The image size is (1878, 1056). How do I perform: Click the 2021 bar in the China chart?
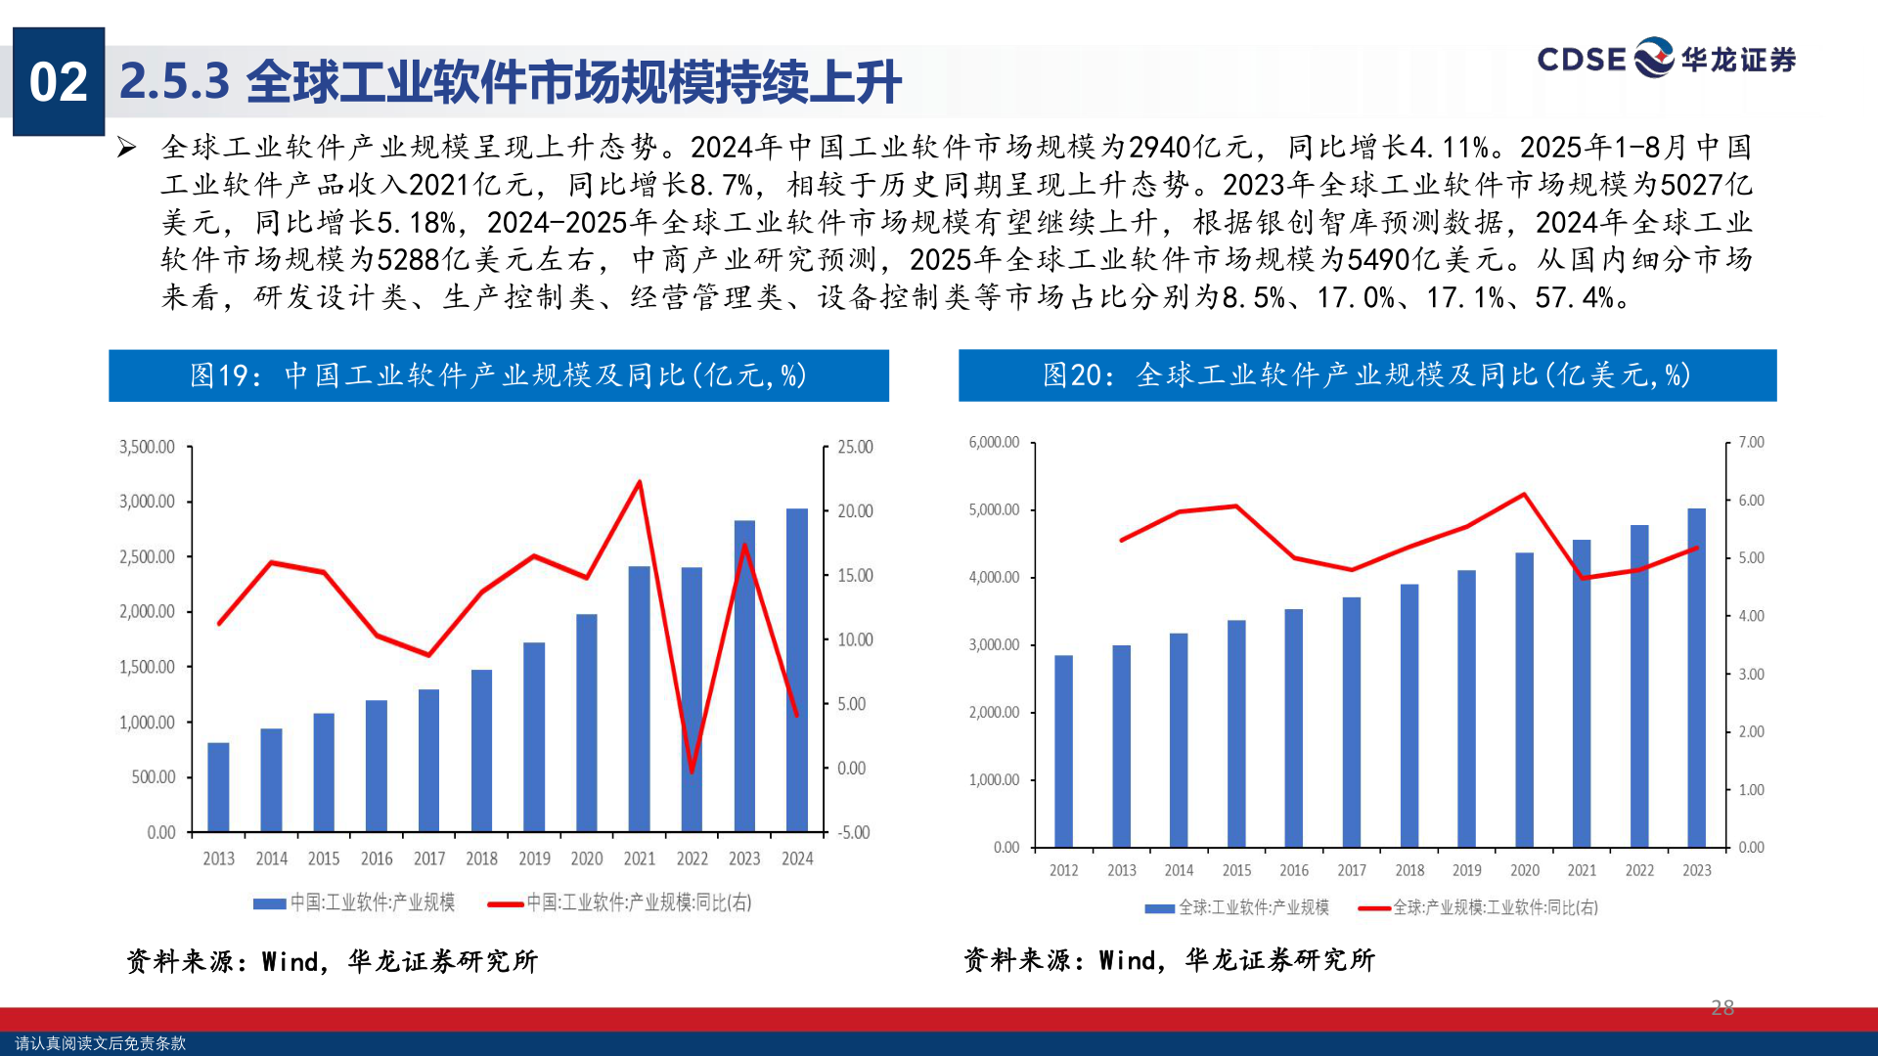point(639,699)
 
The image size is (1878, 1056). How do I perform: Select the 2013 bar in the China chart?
point(218,787)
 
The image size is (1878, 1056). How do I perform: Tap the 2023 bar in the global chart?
point(1696,677)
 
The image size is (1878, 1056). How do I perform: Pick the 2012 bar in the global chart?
point(1063,751)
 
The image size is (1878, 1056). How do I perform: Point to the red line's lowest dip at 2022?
point(692,771)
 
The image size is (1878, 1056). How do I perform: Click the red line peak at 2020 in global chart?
point(1524,495)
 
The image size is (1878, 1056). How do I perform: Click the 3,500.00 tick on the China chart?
point(147,447)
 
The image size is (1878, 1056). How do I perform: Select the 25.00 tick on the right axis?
point(855,447)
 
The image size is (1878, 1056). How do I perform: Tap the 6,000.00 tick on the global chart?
point(994,442)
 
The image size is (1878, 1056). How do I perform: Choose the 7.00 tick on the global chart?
point(1751,442)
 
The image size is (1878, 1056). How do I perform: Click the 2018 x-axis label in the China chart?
point(481,858)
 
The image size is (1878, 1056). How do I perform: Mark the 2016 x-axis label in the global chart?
point(1294,870)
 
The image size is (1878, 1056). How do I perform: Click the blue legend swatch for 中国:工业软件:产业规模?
point(269,903)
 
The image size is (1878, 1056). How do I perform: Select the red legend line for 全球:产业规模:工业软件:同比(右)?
point(1374,908)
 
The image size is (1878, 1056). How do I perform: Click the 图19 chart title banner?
point(498,375)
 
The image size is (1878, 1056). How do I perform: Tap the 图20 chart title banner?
point(1366,375)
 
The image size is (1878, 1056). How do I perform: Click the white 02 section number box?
point(59,82)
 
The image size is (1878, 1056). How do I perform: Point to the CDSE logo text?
point(1581,60)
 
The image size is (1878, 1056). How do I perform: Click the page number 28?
point(1722,1007)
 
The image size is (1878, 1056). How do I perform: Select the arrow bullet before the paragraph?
point(126,148)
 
